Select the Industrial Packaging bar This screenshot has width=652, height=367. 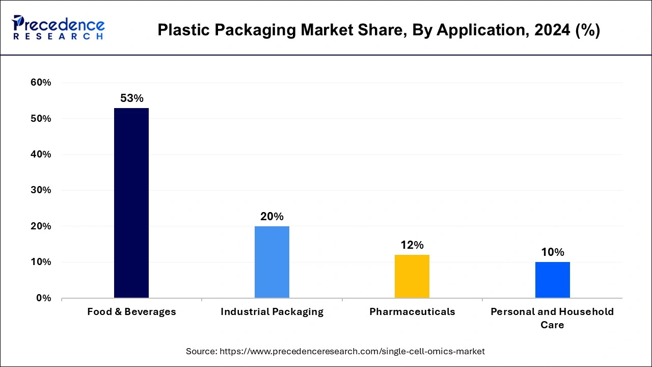(272, 262)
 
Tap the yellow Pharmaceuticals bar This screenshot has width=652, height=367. (412, 276)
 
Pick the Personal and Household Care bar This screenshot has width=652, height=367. (552, 280)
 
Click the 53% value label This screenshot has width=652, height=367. (131, 98)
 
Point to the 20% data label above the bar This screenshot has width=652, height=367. (272, 217)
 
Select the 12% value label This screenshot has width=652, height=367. (412, 245)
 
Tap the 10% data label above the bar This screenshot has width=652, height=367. (552, 252)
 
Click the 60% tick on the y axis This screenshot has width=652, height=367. (40, 83)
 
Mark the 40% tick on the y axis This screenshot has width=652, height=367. (40, 154)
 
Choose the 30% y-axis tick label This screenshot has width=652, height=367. (40, 190)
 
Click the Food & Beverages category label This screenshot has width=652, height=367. (131, 312)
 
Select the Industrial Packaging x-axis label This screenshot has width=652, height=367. (272, 312)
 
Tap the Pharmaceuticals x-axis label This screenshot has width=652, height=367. (412, 312)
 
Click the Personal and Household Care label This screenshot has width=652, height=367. (552, 318)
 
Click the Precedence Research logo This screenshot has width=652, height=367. (58, 28)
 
